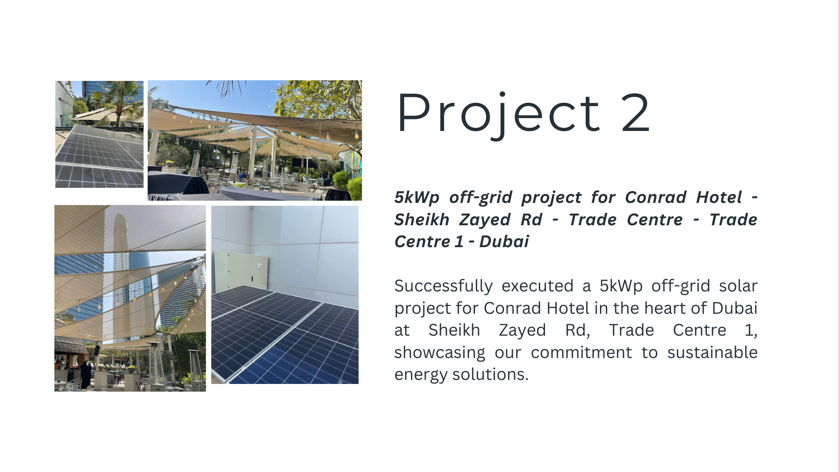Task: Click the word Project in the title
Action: coord(498,114)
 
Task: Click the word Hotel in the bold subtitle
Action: coord(719,197)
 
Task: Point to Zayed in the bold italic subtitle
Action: coord(485,220)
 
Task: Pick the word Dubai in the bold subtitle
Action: coord(504,241)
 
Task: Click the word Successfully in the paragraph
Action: coord(443,286)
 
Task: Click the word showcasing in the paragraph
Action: coord(440,353)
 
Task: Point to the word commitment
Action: coord(581,352)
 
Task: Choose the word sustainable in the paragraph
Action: coord(712,352)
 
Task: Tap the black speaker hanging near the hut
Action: coord(97,350)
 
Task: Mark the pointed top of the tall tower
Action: coord(119,215)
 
